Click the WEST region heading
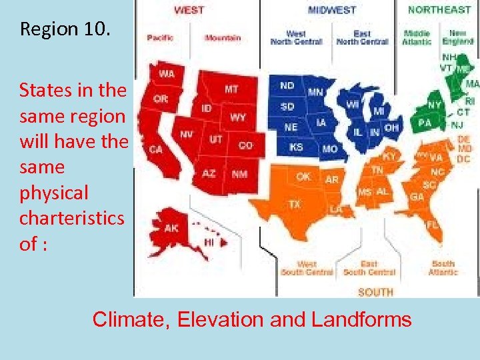189,10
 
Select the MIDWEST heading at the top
331,10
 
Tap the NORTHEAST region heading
439,9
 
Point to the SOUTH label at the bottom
375,292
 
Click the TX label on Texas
294,203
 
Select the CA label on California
155,149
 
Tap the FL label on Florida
433,225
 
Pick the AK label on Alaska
171,228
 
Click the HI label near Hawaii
209,241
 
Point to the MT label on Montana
231,89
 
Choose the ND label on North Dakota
287,85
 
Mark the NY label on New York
434,105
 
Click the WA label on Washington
167,73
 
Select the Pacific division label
161,38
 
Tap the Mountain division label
223,38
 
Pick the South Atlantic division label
443,268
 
